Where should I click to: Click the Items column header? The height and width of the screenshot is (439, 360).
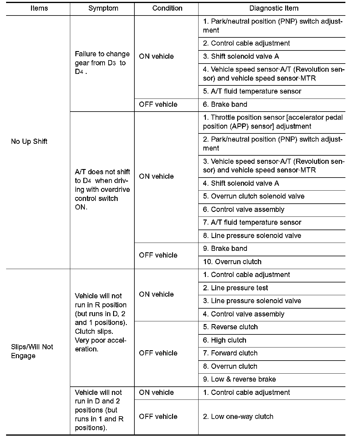[x=39, y=8]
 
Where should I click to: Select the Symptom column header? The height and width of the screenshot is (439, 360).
[x=103, y=8]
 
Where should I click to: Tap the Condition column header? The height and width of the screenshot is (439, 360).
[x=167, y=8]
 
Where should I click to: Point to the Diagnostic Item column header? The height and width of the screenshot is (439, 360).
[x=274, y=8]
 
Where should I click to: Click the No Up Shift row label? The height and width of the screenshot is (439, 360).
[x=29, y=141]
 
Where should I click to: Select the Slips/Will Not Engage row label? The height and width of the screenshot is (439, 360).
[x=32, y=351]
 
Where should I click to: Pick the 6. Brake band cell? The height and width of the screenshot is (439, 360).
[x=225, y=104]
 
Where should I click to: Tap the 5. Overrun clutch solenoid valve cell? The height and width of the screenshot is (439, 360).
[x=254, y=196]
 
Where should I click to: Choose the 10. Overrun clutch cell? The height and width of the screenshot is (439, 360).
[x=232, y=262]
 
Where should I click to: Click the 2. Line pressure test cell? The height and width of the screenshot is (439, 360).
[x=235, y=288]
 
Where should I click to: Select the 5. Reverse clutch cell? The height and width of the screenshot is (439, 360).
[x=230, y=327]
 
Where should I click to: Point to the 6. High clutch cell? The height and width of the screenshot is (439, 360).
[x=224, y=340]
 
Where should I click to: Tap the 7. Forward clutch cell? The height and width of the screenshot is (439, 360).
[x=230, y=353]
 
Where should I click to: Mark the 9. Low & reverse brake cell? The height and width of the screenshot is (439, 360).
[x=239, y=379]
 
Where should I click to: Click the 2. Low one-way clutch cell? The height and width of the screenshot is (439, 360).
[x=238, y=417]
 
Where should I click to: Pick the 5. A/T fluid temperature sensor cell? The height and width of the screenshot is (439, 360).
[x=252, y=91]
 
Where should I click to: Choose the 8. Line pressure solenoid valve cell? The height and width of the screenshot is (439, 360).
[x=252, y=236]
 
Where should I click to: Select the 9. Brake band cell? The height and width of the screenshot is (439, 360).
[x=225, y=248]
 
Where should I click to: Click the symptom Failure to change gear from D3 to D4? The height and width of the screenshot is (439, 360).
[x=102, y=63]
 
